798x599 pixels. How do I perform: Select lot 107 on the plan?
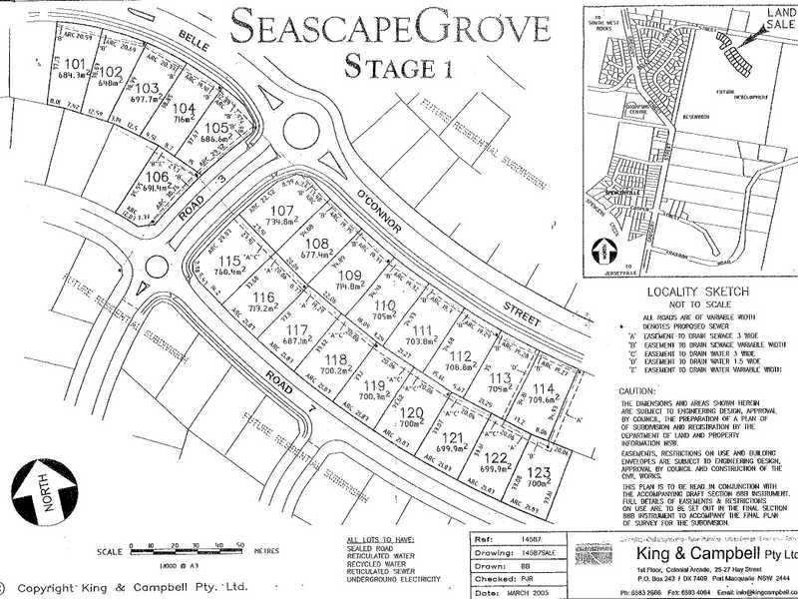pyautogui.click(x=282, y=212)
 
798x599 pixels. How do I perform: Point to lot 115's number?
pyautogui.click(x=228, y=261)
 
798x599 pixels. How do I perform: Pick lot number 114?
pyautogui.click(x=543, y=390)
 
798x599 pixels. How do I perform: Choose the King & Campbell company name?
pyautogui.click(x=703, y=554)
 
